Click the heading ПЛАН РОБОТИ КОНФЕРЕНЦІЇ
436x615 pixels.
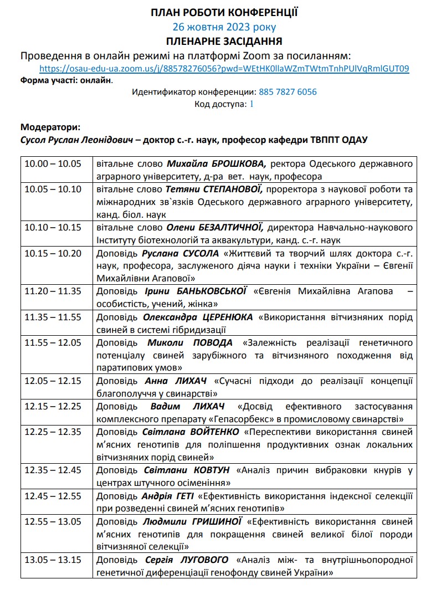pyautogui.click(x=224, y=12)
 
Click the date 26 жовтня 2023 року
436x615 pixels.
pyautogui.click(x=224, y=27)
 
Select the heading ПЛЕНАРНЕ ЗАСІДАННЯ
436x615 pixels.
pyautogui.click(x=224, y=41)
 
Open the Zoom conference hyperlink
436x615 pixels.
pyautogui.click(x=224, y=69)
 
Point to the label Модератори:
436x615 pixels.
pyautogui.click(x=50, y=127)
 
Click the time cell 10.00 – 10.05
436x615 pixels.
pyautogui.click(x=53, y=164)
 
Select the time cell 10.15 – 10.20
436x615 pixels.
pyautogui.click(x=53, y=253)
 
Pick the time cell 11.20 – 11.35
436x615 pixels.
pyautogui.click(x=53, y=291)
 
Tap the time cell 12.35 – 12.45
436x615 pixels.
pyautogui.click(x=53, y=470)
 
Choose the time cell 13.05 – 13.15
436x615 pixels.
pyautogui.click(x=53, y=560)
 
